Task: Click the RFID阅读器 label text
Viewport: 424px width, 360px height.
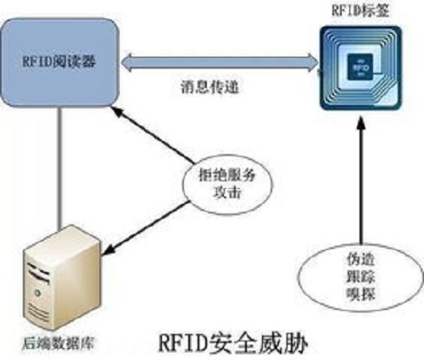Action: [x=59, y=61]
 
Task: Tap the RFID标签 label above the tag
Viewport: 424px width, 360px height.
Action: [x=360, y=11]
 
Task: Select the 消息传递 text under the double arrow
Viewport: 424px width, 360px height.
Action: [x=209, y=86]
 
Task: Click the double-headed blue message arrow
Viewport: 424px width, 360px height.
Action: [x=220, y=62]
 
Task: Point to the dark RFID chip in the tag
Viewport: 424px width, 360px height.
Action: [x=360, y=67]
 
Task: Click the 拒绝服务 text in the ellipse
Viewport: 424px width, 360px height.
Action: [x=227, y=175]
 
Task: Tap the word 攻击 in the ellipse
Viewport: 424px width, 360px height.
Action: [x=227, y=193]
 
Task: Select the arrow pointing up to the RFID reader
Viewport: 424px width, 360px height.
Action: [x=153, y=135]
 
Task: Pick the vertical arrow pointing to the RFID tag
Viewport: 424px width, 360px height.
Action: [x=361, y=180]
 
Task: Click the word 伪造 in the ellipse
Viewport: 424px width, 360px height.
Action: [x=361, y=259]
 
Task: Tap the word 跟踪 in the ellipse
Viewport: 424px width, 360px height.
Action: [x=361, y=277]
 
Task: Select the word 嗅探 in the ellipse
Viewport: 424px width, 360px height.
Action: [x=361, y=295]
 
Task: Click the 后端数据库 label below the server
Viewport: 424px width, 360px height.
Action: [x=58, y=344]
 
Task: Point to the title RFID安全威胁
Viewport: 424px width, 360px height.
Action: [x=232, y=343]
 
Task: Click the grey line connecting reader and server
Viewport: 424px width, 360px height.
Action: [x=59, y=168]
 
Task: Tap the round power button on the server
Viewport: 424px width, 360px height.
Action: [x=37, y=293]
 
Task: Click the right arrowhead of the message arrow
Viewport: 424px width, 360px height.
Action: [x=313, y=62]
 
